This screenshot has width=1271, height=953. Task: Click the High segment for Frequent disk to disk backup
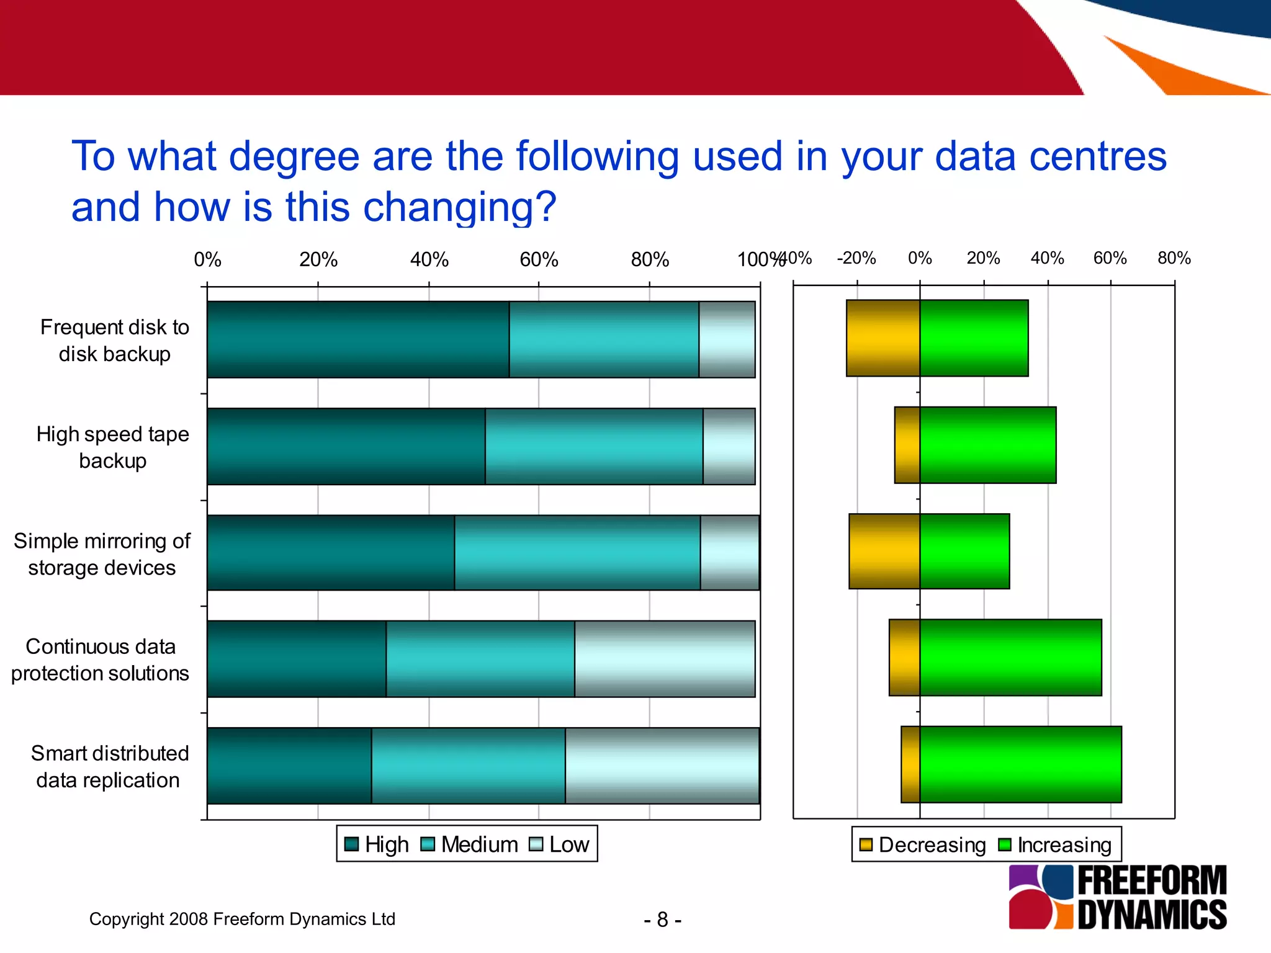[x=358, y=339]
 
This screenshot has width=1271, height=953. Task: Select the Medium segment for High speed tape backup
[x=594, y=446]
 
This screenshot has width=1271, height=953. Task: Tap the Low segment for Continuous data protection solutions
[x=665, y=659]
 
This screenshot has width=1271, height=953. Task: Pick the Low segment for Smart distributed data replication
[x=662, y=766]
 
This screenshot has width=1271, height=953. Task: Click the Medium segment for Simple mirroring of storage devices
[x=577, y=552]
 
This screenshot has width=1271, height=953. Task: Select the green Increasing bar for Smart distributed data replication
[x=1020, y=764]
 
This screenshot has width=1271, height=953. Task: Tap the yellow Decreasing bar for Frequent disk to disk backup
[x=883, y=338]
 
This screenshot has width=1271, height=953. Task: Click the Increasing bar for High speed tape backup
[x=987, y=445]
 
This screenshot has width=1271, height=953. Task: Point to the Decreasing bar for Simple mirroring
[x=884, y=551]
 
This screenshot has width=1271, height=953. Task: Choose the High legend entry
[x=377, y=844]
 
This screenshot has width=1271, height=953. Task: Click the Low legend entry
[x=559, y=844]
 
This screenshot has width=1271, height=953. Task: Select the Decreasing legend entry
[x=923, y=845]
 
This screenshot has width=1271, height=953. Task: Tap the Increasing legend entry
[x=1055, y=845]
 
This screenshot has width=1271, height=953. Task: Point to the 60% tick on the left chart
[x=539, y=259]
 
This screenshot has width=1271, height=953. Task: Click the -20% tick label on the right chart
[x=856, y=258]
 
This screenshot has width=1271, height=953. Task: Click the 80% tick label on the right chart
[x=1174, y=258]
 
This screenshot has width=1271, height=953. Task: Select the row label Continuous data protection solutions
[x=101, y=660]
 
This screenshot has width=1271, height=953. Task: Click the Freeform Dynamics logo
[x=1117, y=897]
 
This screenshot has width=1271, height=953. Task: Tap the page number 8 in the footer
[x=662, y=919]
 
